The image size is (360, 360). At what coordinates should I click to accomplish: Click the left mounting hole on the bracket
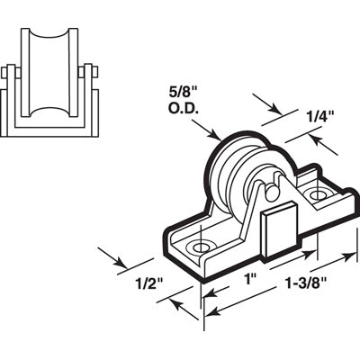[200, 245]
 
